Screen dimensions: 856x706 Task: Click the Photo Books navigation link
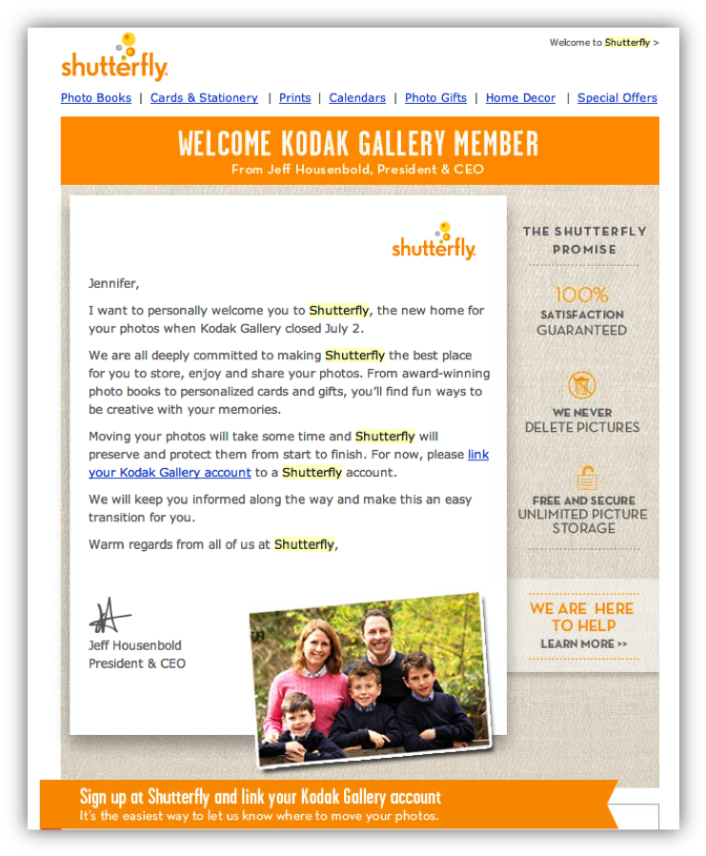click(x=96, y=98)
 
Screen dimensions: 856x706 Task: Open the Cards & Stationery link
click(x=204, y=98)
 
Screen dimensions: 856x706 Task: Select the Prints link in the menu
click(x=294, y=98)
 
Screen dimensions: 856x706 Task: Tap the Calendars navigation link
click(x=357, y=98)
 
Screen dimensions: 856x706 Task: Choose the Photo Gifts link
click(x=435, y=98)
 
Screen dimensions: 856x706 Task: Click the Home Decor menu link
click(x=520, y=98)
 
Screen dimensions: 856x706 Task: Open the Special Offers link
click(x=616, y=98)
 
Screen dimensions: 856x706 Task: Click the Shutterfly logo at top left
click(x=114, y=59)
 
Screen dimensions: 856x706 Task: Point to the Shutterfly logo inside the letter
click(x=434, y=242)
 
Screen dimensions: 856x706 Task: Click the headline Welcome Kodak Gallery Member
click(x=358, y=144)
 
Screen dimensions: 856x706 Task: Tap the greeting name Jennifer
click(x=113, y=283)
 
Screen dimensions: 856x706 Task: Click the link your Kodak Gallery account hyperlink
click(x=170, y=473)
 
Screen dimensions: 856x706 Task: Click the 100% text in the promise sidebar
click(x=581, y=295)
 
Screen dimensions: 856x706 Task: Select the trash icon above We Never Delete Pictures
click(x=582, y=385)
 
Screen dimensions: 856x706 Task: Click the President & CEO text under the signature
click(x=137, y=663)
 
